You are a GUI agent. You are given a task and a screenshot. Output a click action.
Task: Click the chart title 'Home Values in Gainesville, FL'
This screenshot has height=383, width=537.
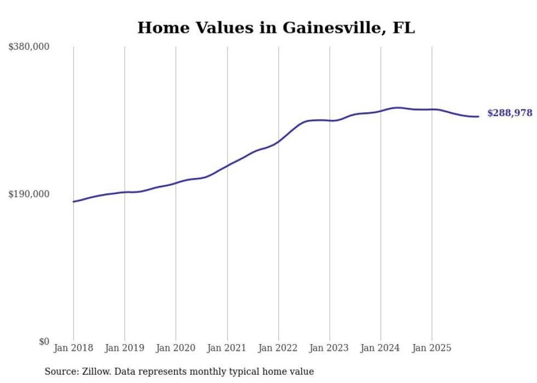click(276, 27)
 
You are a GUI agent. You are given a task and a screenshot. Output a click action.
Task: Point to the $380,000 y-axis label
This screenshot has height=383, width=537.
click(29, 47)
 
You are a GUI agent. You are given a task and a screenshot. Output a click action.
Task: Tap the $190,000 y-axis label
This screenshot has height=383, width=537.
click(29, 194)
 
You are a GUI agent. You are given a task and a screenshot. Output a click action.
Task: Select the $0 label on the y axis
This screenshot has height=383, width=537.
click(44, 341)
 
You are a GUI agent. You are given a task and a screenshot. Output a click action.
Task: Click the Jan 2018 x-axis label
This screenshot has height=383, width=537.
click(73, 348)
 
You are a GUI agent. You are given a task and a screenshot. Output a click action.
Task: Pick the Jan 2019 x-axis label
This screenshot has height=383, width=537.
click(124, 348)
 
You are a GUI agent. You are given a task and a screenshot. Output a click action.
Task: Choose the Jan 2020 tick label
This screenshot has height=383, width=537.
click(176, 348)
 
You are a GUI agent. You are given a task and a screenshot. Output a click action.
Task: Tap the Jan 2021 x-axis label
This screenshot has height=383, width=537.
click(227, 348)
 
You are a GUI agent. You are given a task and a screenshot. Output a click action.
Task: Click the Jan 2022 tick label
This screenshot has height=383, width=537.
click(278, 348)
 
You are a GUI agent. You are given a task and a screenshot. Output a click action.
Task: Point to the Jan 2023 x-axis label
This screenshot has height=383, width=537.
click(329, 348)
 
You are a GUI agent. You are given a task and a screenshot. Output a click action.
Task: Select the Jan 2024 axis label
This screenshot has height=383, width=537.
click(381, 348)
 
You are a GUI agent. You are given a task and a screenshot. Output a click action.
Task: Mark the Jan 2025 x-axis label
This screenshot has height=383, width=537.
click(432, 348)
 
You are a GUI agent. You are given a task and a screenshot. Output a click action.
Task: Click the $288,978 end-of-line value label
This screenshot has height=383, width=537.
click(510, 113)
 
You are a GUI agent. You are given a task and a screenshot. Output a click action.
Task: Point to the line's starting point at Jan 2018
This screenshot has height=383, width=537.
click(73, 202)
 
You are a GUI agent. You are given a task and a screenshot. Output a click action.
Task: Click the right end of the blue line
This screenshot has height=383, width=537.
click(478, 116)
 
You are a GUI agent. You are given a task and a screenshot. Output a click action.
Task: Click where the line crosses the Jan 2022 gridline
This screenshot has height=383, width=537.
click(278, 141)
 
